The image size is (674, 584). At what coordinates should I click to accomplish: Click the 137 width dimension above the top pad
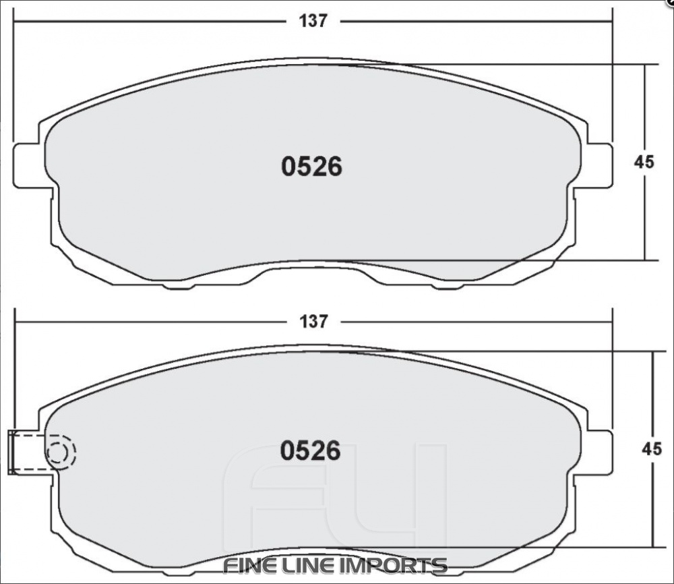(313, 21)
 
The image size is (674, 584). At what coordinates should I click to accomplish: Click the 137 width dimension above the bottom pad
(313, 322)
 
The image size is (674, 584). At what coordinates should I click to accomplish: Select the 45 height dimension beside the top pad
(644, 162)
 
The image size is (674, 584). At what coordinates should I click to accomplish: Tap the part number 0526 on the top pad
(311, 167)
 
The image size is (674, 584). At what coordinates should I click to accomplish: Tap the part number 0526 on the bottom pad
(311, 451)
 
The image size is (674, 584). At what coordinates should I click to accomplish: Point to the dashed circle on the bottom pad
(60, 452)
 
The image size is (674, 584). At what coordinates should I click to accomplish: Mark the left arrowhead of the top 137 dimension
(20, 21)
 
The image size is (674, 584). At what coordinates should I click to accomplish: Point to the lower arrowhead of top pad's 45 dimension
(645, 256)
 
